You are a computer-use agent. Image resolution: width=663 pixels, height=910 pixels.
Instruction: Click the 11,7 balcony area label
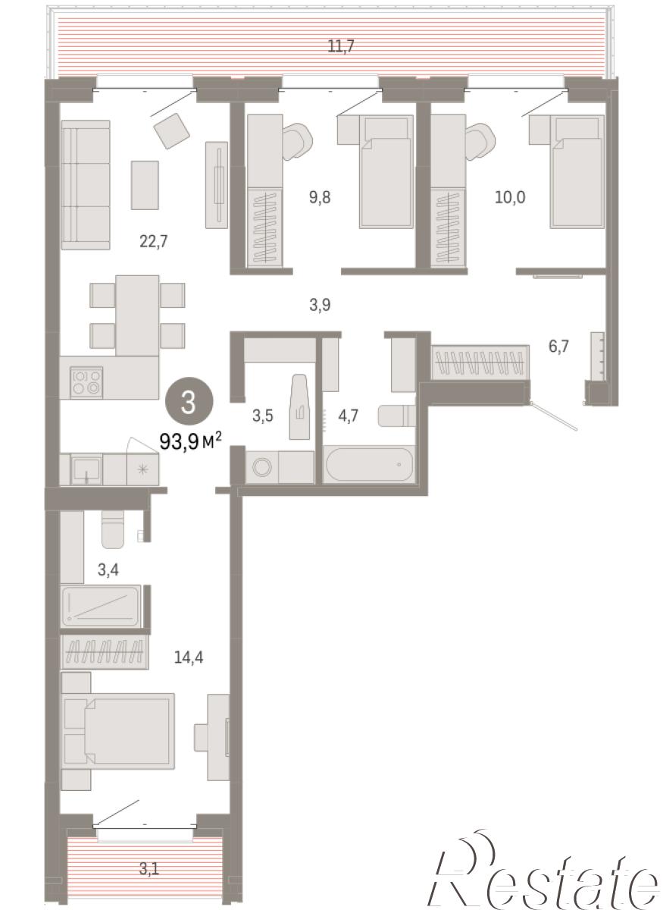pos(341,46)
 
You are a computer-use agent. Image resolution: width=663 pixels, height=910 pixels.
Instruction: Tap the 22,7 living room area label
pos(154,242)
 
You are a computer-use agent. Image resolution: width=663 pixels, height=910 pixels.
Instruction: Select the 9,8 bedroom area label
pos(320,197)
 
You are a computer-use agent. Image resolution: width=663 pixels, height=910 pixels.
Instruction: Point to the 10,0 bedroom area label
pos(510,197)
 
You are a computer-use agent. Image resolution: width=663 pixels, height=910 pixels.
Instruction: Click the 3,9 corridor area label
pos(320,305)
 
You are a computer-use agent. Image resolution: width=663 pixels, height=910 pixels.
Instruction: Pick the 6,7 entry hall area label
pos(558,346)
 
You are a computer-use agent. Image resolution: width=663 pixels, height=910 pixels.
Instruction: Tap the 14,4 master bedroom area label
pos(189,657)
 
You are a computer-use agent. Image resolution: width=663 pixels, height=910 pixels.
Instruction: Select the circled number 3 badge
pos(189,402)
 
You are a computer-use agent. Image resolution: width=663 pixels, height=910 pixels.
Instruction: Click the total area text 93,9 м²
pos(191,441)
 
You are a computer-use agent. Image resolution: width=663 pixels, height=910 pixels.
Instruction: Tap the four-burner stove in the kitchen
pos(86,382)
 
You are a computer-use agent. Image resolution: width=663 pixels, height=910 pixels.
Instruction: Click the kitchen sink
pos(86,469)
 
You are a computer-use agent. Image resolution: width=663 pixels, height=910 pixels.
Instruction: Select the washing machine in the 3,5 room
pos(262,468)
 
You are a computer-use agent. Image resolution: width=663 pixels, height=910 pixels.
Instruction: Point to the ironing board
pos(299,406)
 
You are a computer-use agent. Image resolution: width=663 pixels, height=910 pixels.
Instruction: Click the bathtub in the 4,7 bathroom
pos(369,463)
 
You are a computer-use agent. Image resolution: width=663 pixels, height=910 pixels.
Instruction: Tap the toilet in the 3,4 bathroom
pos(112,529)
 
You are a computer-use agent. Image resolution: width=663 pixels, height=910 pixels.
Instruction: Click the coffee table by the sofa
pos(145,185)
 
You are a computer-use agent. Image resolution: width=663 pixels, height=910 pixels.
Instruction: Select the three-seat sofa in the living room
pos(86,185)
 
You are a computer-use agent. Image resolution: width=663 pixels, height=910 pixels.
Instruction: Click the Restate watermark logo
pos(544,869)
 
